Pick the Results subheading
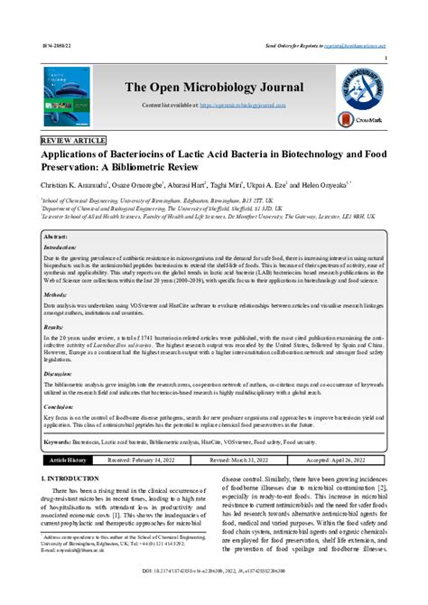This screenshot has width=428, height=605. point(55,326)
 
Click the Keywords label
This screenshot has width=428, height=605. point(59,442)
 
